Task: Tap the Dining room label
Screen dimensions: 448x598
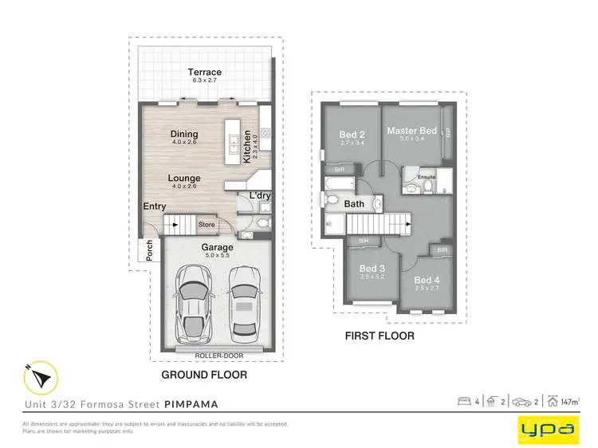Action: coord(184,135)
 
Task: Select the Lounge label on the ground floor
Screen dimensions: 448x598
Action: coord(184,179)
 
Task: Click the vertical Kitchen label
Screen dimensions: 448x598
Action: coord(247,146)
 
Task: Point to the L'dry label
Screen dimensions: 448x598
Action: coord(259,195)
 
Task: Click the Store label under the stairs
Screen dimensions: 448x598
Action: coord(207,225)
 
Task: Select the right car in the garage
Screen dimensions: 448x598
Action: coord(244,301)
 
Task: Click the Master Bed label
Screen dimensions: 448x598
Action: coord(411,131)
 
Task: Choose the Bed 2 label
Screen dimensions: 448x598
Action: coord(352,134)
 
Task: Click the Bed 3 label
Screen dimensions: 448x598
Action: coord(372,269)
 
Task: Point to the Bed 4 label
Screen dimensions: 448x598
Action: coord(427,280)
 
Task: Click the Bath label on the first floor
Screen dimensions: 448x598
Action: coord(354,204)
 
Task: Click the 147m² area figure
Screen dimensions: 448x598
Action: coord(570,402)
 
